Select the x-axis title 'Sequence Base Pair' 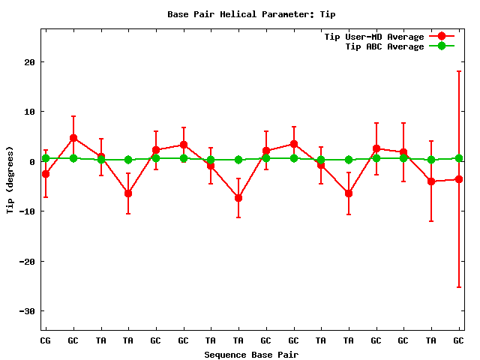tap(252, 354)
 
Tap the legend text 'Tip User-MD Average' tap(373, 37)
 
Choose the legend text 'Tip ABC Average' tap(384, 46)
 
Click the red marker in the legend tap(442, 37)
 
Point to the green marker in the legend tap(442, 46)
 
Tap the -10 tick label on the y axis tap(27, 211)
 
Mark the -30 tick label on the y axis tap(27, 311)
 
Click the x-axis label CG tap(46, 340)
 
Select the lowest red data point tap(238, 198)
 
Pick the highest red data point tap(73, 138)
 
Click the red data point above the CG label tap(46, 174)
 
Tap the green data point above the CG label tap(46, 158)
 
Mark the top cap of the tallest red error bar tap(458, 71)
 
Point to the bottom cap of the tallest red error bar tap(458, 287)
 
